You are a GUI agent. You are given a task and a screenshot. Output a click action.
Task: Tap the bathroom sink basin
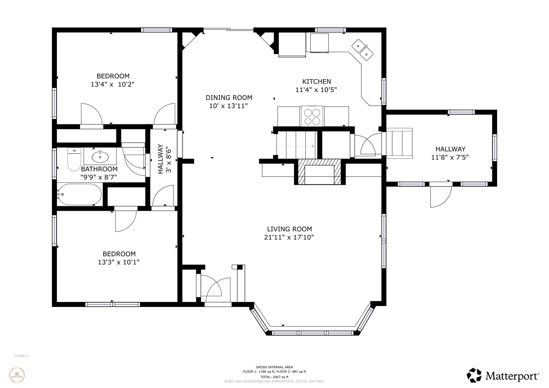click(x=100, y=157)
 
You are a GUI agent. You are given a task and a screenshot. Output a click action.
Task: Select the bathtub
click(x=80, y=195)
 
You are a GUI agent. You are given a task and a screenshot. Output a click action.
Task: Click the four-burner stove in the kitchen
click(x=312, y=117)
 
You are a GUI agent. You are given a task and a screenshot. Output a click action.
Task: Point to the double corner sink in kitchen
click(x=363, y=50)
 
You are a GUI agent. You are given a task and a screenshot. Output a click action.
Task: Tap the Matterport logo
click(x=503, y=376)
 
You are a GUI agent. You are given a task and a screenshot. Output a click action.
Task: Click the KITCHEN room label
click(x=317, y=81)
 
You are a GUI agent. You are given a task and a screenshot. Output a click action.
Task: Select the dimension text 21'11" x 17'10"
click(x=289, y=237)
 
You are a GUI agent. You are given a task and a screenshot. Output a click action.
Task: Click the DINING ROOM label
click(x=229, y=98)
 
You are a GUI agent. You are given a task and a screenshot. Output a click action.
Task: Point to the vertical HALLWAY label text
click(x=160, y=159)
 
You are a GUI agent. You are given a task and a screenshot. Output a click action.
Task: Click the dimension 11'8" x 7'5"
click(x=450, y=157)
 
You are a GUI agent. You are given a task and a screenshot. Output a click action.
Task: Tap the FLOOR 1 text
click(x=21, y=356)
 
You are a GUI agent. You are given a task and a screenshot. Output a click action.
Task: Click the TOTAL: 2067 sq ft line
click(x=274, y=377)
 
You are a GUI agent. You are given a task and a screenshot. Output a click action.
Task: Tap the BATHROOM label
click(x=99, y=169)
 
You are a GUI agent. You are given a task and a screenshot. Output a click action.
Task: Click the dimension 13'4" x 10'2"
click(x=113, y=84)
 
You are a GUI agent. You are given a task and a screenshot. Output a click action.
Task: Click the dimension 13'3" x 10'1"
click(x=118, y=262)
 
